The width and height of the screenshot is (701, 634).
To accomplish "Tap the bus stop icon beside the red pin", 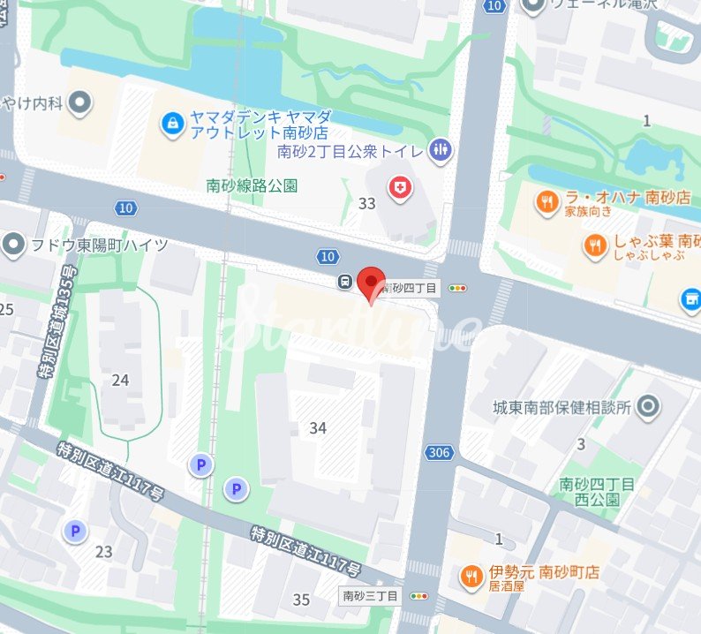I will point(345,283).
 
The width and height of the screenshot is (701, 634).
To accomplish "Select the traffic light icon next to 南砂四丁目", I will point(457,288).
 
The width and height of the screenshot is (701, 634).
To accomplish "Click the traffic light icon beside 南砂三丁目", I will point(418,596).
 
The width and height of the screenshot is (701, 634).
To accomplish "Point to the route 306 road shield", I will point(437,453).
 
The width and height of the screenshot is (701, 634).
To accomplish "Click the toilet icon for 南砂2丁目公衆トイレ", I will point(440,150).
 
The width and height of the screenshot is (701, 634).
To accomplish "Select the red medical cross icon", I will point(400,186).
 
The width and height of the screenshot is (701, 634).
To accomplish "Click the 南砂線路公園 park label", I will point(252,185).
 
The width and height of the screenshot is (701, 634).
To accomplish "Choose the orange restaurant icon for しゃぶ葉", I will point(597,246).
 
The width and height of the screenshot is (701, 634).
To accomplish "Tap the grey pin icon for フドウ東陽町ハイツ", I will point(13,244).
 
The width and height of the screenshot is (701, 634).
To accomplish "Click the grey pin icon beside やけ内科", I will point(80,104).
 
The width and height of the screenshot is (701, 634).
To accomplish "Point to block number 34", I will point(318,428).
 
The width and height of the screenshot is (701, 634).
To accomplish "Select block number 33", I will point(367,203).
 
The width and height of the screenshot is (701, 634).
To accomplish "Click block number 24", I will point(121,380).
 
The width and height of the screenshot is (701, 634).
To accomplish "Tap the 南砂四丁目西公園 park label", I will point(597,492).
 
